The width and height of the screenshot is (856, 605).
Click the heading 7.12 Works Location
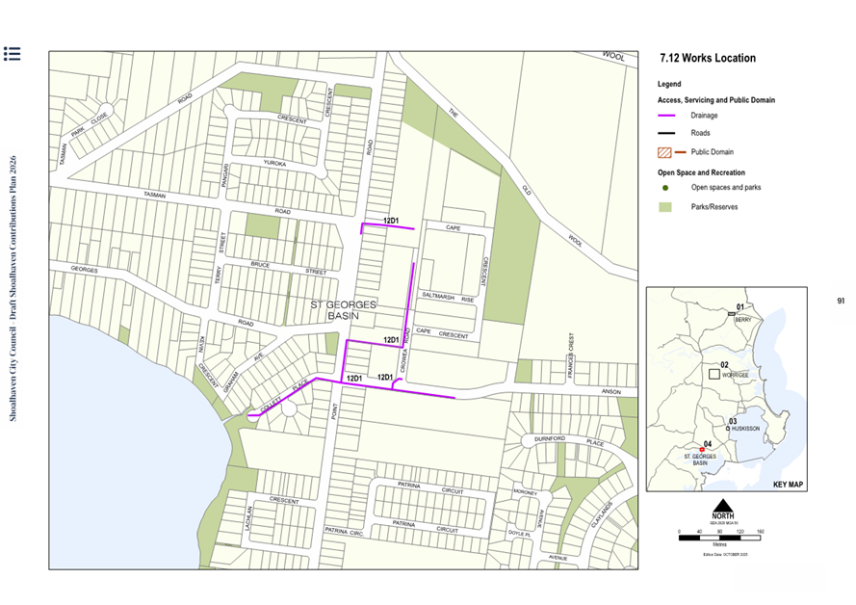708,59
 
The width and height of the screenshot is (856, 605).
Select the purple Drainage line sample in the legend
671,116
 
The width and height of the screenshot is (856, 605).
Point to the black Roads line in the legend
671,134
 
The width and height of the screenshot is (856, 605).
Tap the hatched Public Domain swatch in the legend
664,152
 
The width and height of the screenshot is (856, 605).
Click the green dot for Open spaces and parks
665,187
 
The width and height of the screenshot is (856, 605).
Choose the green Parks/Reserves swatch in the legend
665,207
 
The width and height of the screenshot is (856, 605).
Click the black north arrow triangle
722,506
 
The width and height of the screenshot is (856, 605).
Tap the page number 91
841,302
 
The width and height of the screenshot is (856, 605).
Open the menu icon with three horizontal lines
13,53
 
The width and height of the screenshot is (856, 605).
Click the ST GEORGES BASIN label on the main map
344,309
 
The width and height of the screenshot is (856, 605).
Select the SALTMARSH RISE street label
454,299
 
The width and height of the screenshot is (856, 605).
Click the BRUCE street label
261,264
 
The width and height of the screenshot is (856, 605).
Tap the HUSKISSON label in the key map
745,427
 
